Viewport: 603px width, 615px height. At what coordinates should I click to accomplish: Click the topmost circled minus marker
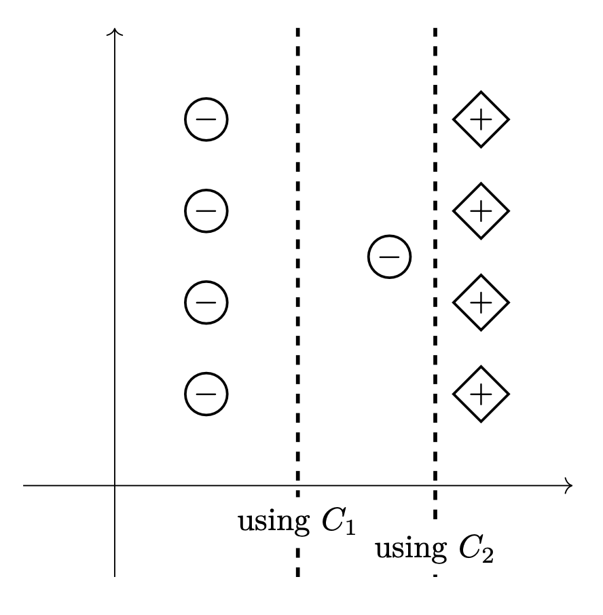[x=206, y=119]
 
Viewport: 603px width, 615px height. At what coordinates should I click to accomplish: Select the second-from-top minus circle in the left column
[x=206, y=211]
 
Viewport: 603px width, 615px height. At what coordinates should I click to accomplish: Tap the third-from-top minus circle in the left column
[x=206, y=302]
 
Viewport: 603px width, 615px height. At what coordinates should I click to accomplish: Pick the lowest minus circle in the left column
[x=206, y=394]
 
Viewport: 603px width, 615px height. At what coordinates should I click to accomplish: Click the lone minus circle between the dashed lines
[x=389, y=257]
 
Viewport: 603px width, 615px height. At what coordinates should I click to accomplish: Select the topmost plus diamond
[x=481, y=119]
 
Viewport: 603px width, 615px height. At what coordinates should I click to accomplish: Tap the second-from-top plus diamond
[x=481, y=211]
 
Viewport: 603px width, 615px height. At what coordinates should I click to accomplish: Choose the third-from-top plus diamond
[x=481, y=302]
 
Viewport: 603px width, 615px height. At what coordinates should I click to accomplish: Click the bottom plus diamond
[x=481, y=394]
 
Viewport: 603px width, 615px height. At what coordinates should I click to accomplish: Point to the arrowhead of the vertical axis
[x=115, y=31]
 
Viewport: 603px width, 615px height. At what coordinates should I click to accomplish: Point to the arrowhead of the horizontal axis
[x=570, y=485]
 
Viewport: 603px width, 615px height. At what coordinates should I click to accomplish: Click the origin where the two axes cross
[x=115, y=485]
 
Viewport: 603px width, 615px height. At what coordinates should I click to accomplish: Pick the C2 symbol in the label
[x=476, y=551]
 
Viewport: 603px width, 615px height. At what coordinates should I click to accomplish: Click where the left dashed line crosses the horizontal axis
[x=297, y=485]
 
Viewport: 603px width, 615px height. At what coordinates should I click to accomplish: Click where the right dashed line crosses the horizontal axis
[x=435, y=485]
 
